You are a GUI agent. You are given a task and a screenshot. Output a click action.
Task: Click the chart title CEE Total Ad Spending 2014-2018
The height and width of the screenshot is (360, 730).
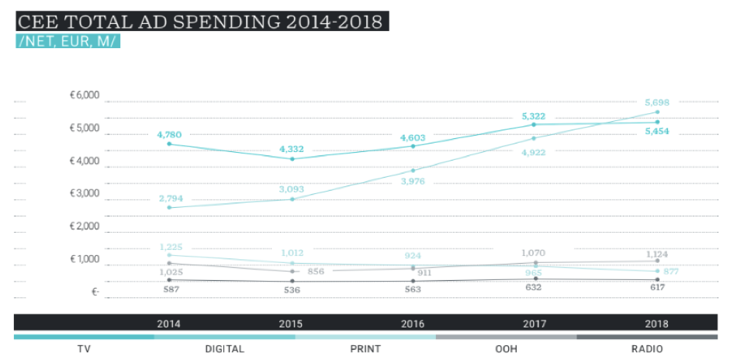(x=200, y=21)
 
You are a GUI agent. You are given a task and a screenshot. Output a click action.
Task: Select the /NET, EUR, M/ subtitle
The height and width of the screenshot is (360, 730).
(x=68, y=41)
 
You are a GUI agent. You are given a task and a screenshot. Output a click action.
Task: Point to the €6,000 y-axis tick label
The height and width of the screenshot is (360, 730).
(x=85, y=95)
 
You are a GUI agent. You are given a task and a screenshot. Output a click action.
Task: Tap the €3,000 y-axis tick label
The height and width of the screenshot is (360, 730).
(x=85, y=194)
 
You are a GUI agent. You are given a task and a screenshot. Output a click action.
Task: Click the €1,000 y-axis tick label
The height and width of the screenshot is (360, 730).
(x=85, y=260)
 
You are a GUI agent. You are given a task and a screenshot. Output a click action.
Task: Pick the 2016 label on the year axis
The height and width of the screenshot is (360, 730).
(x=413, y=324)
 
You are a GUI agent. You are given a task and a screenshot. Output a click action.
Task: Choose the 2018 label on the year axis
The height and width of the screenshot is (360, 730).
(x=656, y=324)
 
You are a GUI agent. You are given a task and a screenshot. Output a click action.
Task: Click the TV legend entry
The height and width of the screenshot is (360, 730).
(x=85, y=349)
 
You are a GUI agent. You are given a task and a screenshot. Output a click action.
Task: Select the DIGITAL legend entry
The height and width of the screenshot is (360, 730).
(x=225, y=349)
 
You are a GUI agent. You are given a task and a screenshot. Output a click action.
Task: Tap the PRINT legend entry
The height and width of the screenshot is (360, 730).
(x=365, y=349)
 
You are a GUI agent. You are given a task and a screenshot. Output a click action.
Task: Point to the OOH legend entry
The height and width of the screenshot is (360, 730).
(x=506, y=349)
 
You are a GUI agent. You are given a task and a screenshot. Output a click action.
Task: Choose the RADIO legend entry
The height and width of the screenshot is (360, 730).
(x=646, y=349)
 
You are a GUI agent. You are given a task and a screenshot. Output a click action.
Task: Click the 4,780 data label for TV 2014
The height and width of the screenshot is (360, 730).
(x=169, y=134)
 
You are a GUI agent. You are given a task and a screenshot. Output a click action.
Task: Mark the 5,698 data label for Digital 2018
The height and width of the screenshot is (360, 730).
(x=656, y=102)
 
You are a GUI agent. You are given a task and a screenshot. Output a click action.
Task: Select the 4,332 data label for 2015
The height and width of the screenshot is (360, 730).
(x=292, y=149)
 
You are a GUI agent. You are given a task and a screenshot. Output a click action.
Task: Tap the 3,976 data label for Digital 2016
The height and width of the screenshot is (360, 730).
(x=413, y=182)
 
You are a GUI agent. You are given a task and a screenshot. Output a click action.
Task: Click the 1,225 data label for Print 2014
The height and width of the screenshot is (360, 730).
(x=171, y=247)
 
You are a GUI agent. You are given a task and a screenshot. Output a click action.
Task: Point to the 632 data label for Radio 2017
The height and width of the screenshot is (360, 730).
(x=534, y=288)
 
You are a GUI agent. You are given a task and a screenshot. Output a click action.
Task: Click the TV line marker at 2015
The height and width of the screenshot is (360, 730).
(x=292, y=159)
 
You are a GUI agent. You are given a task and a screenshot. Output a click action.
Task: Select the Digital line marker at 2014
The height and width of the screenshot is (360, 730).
(x=169, y=207)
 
